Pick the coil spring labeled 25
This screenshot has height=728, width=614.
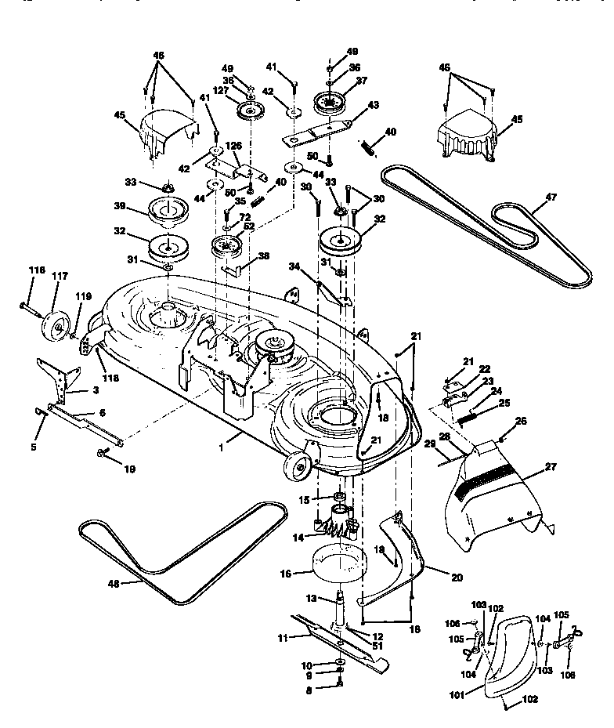point(468,418)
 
